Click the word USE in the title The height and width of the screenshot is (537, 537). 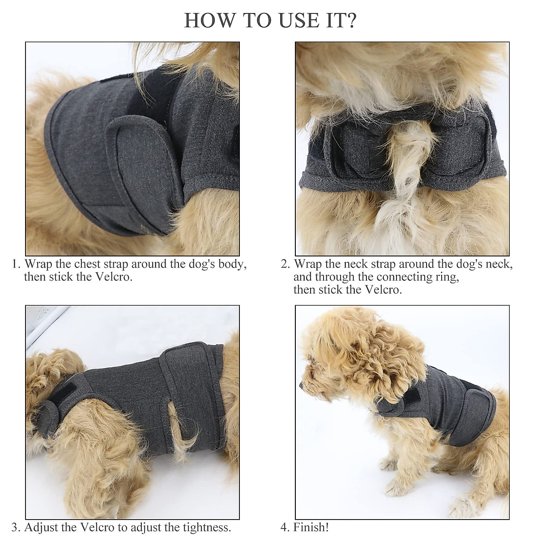tap(288, 21)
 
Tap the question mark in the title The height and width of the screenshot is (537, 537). tap(349, 21)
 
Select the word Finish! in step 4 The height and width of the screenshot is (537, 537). tap(311, 515)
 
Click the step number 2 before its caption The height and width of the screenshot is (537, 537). tap(285, 264)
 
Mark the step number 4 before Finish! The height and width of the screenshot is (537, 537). tap(285, 515)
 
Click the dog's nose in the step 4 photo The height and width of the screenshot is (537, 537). tap(302, 384)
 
